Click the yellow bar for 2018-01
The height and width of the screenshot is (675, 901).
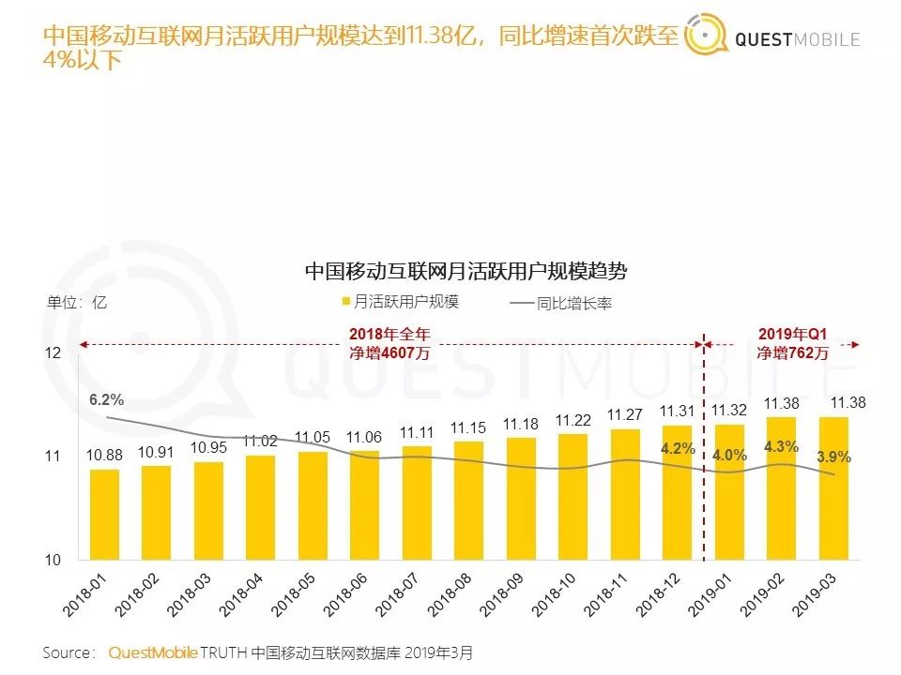[105, 515]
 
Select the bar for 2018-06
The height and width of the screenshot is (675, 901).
[364, 505]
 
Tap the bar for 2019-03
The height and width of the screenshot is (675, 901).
[832, 488]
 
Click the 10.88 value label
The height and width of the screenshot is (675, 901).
[105, 455]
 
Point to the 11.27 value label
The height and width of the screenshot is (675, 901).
[624, 414]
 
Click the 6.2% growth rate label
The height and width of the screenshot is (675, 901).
[107, 400]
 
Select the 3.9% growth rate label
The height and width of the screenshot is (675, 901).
[832, 457]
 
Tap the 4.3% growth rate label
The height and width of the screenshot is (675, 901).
[781, 447]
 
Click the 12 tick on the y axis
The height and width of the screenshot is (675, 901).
[53, 353]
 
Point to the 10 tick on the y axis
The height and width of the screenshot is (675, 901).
[53, 561]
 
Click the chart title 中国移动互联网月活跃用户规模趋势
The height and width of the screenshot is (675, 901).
[466, 271]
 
